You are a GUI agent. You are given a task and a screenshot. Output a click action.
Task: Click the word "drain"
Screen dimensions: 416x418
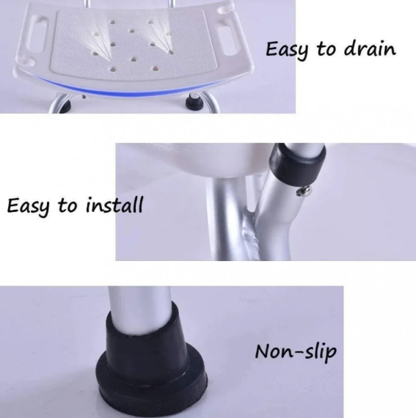[370, 49]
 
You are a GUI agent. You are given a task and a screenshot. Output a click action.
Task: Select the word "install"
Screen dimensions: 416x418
[114, 205]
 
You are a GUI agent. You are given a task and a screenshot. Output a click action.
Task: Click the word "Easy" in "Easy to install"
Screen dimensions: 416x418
[29, 207]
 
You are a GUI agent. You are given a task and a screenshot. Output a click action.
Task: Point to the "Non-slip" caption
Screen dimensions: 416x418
[296, 353]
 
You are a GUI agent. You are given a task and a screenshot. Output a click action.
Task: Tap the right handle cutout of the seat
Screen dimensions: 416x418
[227, 39]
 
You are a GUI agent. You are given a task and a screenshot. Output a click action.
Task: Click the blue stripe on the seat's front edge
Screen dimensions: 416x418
[128, 89]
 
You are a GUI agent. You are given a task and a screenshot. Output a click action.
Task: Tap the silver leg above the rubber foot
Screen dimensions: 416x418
[139, 309]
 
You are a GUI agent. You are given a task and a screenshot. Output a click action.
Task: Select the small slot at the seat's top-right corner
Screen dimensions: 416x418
[224, 10]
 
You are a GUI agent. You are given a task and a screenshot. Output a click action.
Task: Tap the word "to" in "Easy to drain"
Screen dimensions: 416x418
[326, 49]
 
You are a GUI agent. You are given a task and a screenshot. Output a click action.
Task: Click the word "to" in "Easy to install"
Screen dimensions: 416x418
[67, 206]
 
